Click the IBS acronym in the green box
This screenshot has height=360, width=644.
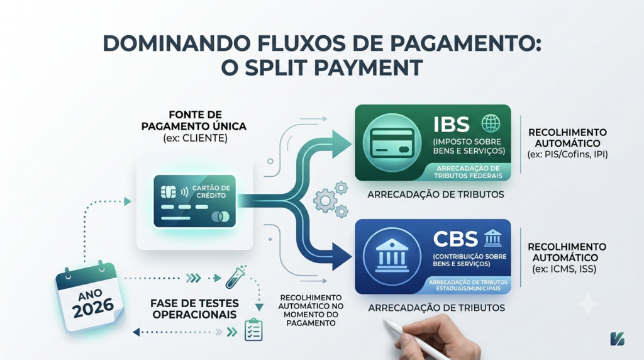point(452,125)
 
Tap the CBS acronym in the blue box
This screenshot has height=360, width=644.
point(455,239)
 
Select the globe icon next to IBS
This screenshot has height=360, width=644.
point(491,123)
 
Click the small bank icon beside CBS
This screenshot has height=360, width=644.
point(493,238)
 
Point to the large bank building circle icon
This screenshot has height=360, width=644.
point(392,256)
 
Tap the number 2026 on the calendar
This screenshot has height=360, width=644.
point(93,308)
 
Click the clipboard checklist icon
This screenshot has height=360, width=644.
point(253,330)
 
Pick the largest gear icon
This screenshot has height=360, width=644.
point(325,201)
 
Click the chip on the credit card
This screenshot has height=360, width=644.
point(169,192)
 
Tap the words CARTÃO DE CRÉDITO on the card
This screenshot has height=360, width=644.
point(211,191)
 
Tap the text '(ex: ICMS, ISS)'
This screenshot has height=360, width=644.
point(564,269)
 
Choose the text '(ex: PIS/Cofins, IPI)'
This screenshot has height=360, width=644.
point(568,154)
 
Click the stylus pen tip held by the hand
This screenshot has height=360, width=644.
point(385,322)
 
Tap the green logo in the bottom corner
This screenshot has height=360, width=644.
point(618,339)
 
